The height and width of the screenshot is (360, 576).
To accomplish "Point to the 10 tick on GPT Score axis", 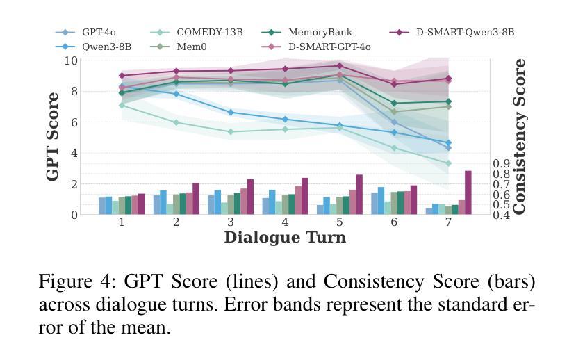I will pyautogui.click(x=70, y=60).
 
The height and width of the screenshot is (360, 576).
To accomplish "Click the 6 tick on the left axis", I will pyautogui.click(x=74, y=122).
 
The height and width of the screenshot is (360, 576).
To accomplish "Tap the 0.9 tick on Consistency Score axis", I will pyautogui.click(x=502, y=164).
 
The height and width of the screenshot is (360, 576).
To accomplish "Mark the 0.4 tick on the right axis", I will pyautogui.click(x=502, y=215).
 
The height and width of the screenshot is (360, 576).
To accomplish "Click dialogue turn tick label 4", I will pyautogui.click(x=286, y=222).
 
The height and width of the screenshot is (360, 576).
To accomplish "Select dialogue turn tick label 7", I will pyautogui.click(x=449, y=222).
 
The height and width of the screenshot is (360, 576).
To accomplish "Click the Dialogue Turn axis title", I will pyautogui.click(x=285, y=238).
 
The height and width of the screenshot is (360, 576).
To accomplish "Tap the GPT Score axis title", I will pyautogui.click(x=53, y=137).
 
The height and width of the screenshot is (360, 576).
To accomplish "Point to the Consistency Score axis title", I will pyautogui.click(x=520, y=137).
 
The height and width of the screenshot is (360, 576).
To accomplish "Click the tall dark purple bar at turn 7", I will pyautogui.click(x=468, y=193).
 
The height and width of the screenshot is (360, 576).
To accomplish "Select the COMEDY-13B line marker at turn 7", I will pyautogui.click(x=448, y=163).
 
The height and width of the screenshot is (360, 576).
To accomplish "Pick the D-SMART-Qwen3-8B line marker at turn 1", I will pyautogui.click(x=122, y=76).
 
